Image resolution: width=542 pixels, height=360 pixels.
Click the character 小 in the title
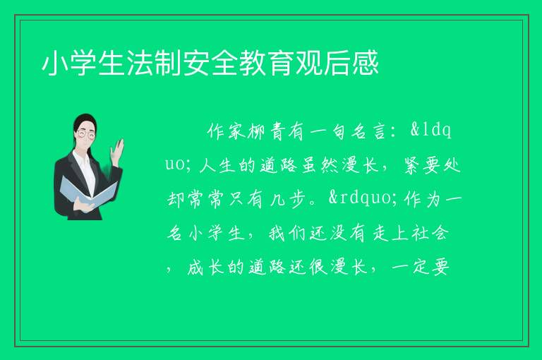point(55,63)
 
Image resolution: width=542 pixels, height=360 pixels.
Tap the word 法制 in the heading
point(154,63)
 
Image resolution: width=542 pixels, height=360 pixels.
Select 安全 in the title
point(211,63)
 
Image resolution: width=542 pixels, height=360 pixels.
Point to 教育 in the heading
point(267,63)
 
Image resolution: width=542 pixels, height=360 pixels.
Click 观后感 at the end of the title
point(338,63)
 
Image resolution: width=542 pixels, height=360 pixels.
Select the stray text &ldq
point(430,131)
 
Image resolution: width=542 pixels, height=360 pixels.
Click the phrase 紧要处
point(432,165)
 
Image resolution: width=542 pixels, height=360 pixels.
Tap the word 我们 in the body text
point(287,234)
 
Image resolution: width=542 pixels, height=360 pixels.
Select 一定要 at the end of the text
point(421,268)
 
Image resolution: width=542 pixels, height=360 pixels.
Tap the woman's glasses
point(86,134)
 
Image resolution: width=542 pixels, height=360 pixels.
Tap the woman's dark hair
point(84,120)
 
